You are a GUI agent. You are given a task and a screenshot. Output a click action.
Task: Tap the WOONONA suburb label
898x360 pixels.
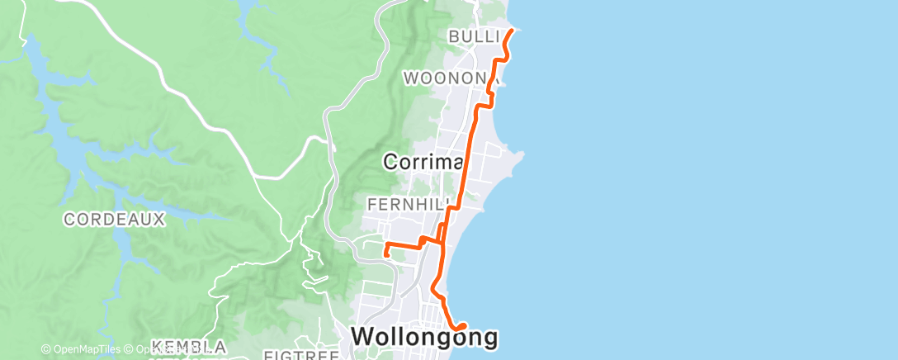[x=447, y=78]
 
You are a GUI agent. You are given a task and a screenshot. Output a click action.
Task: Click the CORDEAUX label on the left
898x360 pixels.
[x=115, y=219]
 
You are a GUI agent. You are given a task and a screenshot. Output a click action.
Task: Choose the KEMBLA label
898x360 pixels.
[x=177, y=346]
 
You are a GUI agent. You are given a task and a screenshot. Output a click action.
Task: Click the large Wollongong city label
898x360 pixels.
[x=425, y=336]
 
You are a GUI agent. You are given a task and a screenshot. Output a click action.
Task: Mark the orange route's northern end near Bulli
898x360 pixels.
[x=513, y=31]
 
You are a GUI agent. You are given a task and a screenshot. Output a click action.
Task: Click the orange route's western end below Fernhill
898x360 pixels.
[x=385, y=255]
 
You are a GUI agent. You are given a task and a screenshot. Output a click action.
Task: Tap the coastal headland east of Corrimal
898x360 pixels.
[x=518, y=159]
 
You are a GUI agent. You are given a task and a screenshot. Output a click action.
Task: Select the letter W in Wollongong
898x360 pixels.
[x=362, y=336]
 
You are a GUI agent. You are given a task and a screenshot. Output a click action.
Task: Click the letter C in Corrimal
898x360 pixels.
[x=390, y=163]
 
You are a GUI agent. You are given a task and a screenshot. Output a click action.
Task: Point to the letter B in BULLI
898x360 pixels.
[x=454, y=36]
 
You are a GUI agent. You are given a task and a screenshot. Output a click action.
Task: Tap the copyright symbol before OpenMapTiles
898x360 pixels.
[x=46, y=349]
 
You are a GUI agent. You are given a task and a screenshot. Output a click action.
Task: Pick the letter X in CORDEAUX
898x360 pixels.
[x=160, y=219]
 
